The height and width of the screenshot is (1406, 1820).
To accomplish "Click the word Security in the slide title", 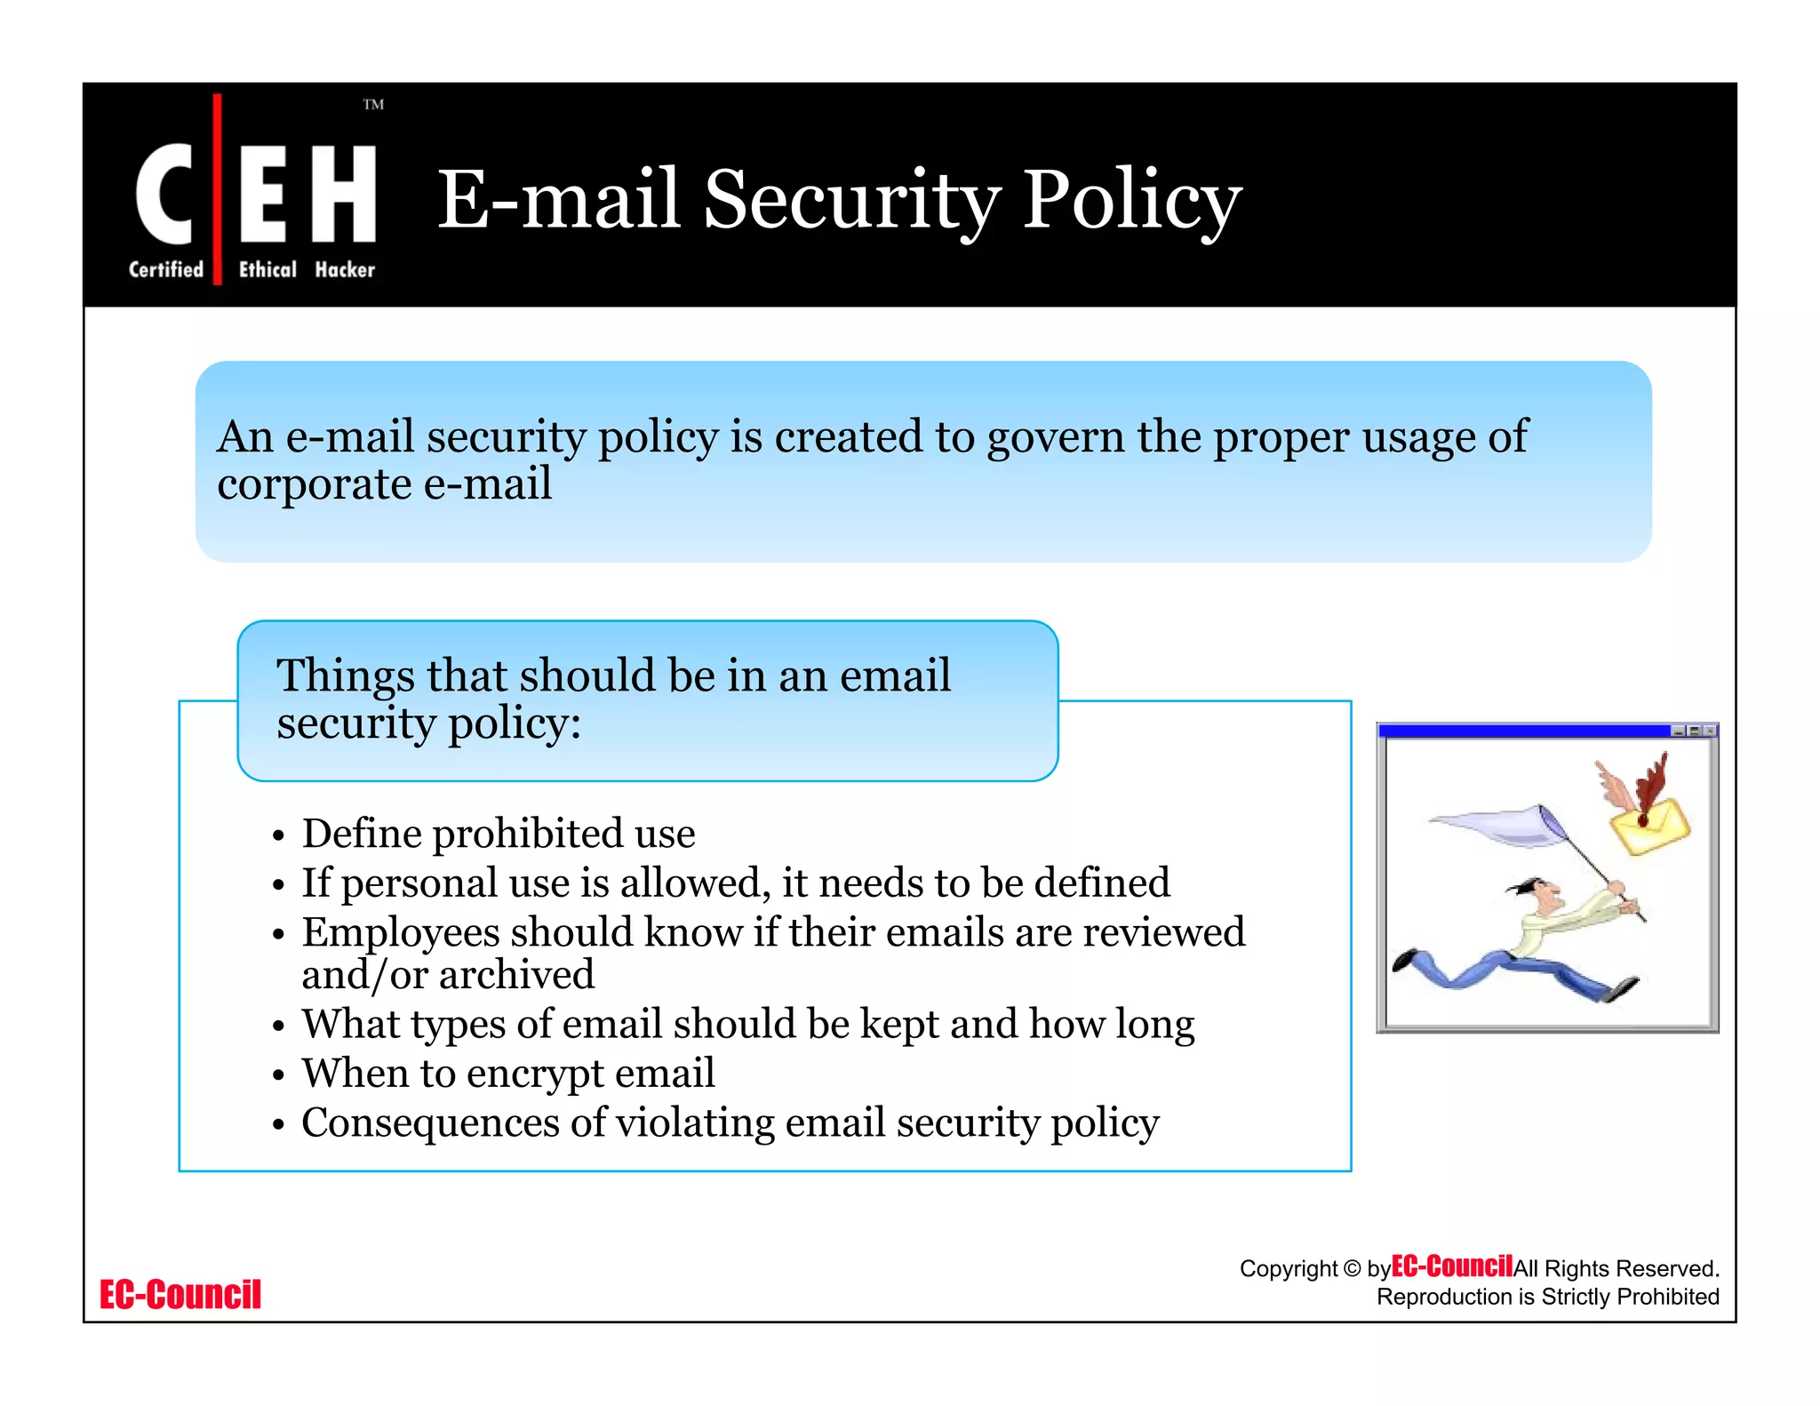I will tap(852, 201).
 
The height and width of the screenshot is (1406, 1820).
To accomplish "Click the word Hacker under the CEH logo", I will tap(345, 269).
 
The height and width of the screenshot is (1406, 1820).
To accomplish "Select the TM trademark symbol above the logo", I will tap(373, 105).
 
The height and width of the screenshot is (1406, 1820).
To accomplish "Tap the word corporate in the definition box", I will tap(314, 485).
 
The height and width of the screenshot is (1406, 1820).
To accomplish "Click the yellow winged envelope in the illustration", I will tap(1649, 824).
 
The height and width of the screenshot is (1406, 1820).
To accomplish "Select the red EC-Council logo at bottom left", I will tap(180, 1295).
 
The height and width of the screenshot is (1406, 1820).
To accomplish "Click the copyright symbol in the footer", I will tap(1352, 1268).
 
